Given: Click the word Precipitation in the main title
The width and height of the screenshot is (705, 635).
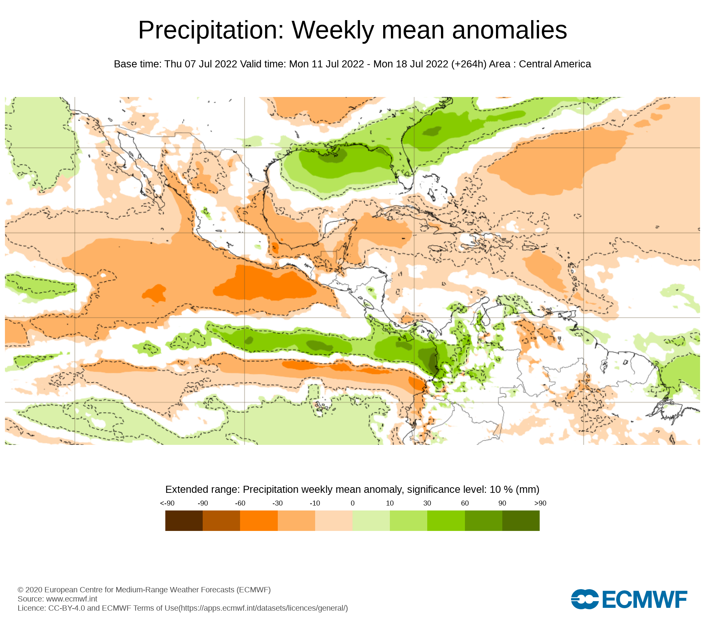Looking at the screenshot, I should pos(211,30).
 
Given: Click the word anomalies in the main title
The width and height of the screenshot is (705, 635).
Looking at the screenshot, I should pos(509,30).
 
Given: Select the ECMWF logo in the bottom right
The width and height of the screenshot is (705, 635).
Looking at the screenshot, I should pos(629,599).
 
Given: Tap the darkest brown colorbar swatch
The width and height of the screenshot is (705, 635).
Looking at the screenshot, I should pos(184,520).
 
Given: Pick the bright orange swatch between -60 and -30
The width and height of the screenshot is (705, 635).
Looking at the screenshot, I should pos(259,520).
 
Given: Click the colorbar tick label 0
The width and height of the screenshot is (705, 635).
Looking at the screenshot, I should pos(352,503).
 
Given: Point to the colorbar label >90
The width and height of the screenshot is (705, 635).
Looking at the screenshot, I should pos(540,503).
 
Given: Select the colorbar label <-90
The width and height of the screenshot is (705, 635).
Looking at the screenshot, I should pos(167,503).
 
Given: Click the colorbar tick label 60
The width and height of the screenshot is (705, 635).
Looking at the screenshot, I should pos(465,503).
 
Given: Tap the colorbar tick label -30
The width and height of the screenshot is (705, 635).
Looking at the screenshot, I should pos(277,503).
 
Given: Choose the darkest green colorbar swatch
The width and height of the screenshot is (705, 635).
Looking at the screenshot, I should pos(521,520).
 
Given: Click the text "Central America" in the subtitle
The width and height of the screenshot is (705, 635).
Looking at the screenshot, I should pos(555,64).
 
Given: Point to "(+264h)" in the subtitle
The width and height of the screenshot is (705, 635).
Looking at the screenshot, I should pos(468,64).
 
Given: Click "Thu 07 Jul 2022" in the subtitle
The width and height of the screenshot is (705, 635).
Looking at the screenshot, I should pos(201,64).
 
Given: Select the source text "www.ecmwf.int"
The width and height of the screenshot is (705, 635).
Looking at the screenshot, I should pos(72,599).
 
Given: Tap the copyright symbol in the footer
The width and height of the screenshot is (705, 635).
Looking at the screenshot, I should pos(20,590).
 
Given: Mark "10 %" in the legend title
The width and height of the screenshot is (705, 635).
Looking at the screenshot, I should pos(501,490).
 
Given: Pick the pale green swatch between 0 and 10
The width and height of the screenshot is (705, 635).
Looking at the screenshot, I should pos(371,520).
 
